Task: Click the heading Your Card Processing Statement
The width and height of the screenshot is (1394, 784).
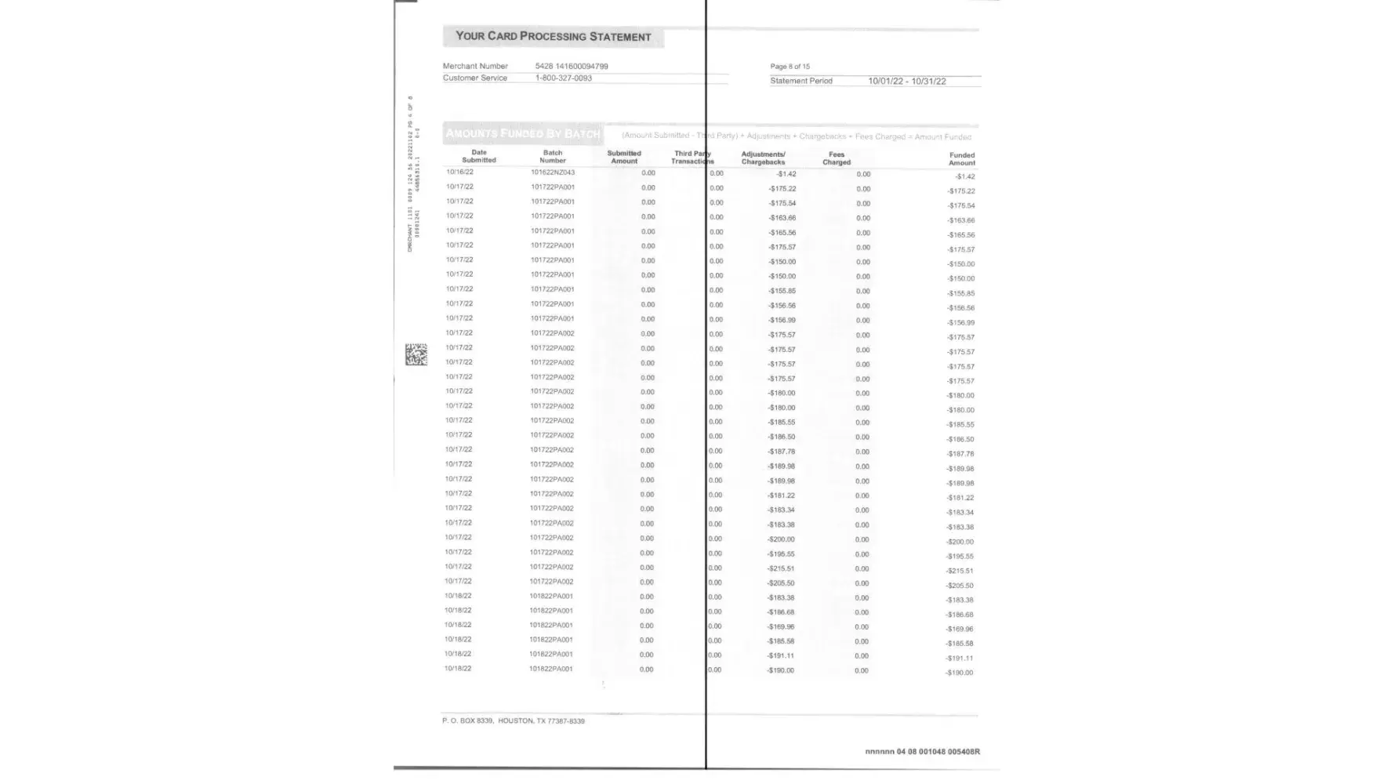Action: point(553,37)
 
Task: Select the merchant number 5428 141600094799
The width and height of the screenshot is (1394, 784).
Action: point(572,67)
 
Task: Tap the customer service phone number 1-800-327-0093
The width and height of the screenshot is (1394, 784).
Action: point(563,78)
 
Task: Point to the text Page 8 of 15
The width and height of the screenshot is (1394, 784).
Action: point(790,67)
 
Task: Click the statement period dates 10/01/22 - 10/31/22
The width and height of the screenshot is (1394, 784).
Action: point(906,82)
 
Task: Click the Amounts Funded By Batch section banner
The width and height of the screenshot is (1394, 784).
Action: point(522,134)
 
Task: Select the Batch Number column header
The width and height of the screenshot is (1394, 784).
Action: point(553,157)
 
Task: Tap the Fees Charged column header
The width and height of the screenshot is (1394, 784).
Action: point(836,158)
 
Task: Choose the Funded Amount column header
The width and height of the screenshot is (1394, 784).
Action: point(961,159)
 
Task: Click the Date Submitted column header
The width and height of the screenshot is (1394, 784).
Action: point(479,157)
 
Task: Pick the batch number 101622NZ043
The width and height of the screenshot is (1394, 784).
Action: point(553,172)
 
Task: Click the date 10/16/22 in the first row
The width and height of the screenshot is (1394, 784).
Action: point(459,172)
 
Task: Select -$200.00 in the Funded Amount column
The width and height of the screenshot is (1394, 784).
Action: point(960,542)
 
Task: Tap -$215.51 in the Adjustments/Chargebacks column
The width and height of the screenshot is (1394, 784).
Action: point(781,568)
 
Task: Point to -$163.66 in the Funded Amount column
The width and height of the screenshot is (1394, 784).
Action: point(960,220)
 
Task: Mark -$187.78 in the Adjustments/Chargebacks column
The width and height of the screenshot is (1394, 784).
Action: point(781,452)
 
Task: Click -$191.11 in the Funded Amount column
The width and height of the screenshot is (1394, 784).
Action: point(959,659)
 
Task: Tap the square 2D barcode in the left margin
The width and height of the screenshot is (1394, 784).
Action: point(416,354)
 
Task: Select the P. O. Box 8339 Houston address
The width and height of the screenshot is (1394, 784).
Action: point(513,721)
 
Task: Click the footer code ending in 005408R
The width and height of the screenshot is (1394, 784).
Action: point(922,752)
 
